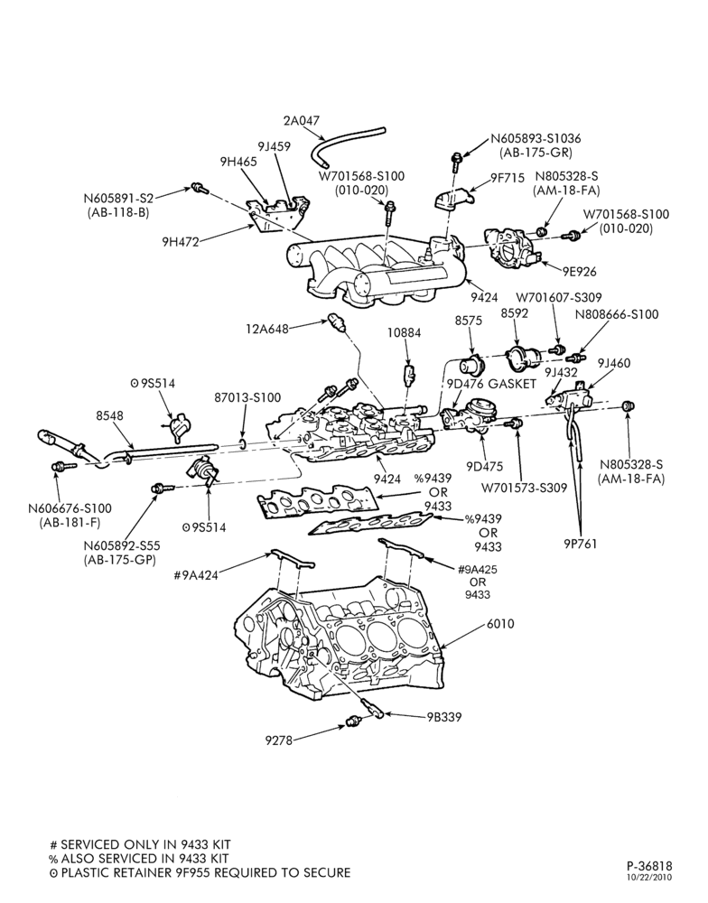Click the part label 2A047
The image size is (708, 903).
(x=301, y=122)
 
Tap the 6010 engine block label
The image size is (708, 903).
(x=500, y=624)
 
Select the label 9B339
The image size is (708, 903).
(x=444, y=717)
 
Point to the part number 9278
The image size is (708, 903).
(x=279, y=740)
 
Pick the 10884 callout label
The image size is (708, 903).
(x=404, y=333)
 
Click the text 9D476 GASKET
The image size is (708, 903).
(x=491, y=384)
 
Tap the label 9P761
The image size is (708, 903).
(x=580, y=543)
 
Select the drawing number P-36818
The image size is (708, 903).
(x=649, y=866)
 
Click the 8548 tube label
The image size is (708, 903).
(x=109, y=415)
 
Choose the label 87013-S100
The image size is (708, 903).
(x=247, y=397)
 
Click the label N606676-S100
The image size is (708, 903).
(x=70, y=509)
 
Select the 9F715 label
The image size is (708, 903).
(x=508, y=179)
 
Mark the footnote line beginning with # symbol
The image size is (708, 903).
(x=141, y=845)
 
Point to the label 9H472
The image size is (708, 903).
(x=180, y=242)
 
